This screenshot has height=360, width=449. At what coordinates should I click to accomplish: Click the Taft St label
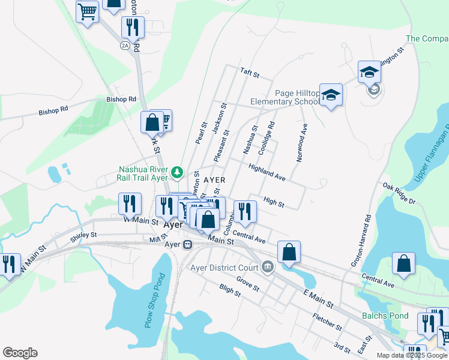pyautogui.click(x=249, y=74)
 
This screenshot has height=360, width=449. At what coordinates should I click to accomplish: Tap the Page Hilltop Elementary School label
pyautogui.click(x=297, y=97)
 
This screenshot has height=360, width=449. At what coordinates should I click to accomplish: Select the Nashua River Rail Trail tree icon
pyautogui.click(x=177, y=173)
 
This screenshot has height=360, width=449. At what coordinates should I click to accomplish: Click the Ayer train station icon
pyautogui.click(x=188, y=245)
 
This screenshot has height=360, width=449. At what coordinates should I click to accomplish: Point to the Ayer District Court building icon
pyautogui.click(x=268, y=267)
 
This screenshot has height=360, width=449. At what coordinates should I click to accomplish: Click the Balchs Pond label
pyautogui.click(x=385, y=316)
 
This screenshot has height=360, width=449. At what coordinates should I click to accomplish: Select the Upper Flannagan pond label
pyautogui.click(x=432, y=155)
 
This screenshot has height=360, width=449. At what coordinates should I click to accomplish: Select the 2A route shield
pyautogui.click(x=125, y=45)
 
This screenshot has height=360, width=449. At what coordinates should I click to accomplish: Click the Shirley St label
pyautogui.click(x=83, y=235)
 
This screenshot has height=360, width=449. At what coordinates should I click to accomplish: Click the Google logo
pyautogui.click(x=20, y=353)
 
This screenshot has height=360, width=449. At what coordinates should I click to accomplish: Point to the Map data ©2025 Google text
pyautogui.click(x=411, y=355)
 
